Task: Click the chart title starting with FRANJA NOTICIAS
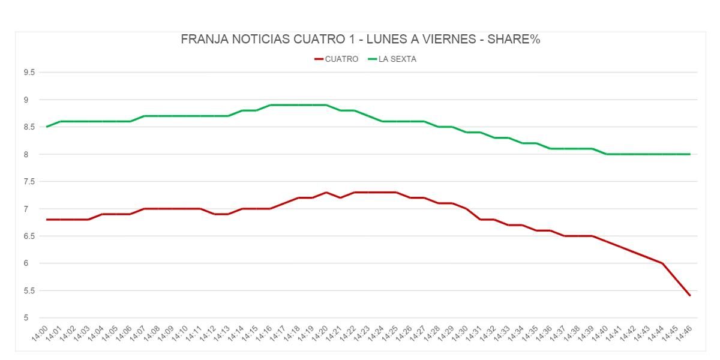tap(361, 40)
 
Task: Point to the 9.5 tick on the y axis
tap(29, 73)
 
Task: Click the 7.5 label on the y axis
tap(29, 182)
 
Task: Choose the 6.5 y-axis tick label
tap(29, 236)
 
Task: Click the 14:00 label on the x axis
tap(41, 332)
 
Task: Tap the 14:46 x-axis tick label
tap(684, 332)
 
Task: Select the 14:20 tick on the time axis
tap(320, 332)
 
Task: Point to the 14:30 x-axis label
tap(460, 332)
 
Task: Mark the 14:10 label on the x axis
tap(181, 332)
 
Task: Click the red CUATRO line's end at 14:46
tap(690, 295)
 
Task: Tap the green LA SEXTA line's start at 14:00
tap(47, 127)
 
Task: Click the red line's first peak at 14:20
tap(326, 193)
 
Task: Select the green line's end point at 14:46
tap(690, 154)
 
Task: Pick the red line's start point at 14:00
tap(47, 220)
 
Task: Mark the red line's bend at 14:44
tap(662, 263)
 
